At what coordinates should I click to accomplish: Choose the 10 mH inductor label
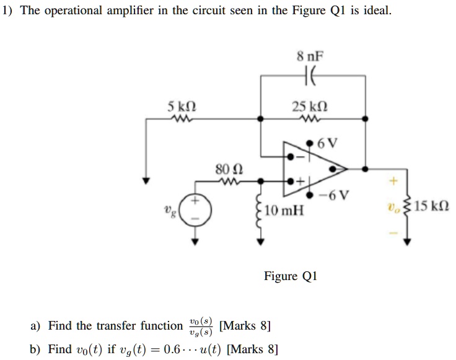284,211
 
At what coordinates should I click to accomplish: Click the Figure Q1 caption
290,276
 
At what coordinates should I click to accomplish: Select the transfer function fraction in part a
201,326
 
